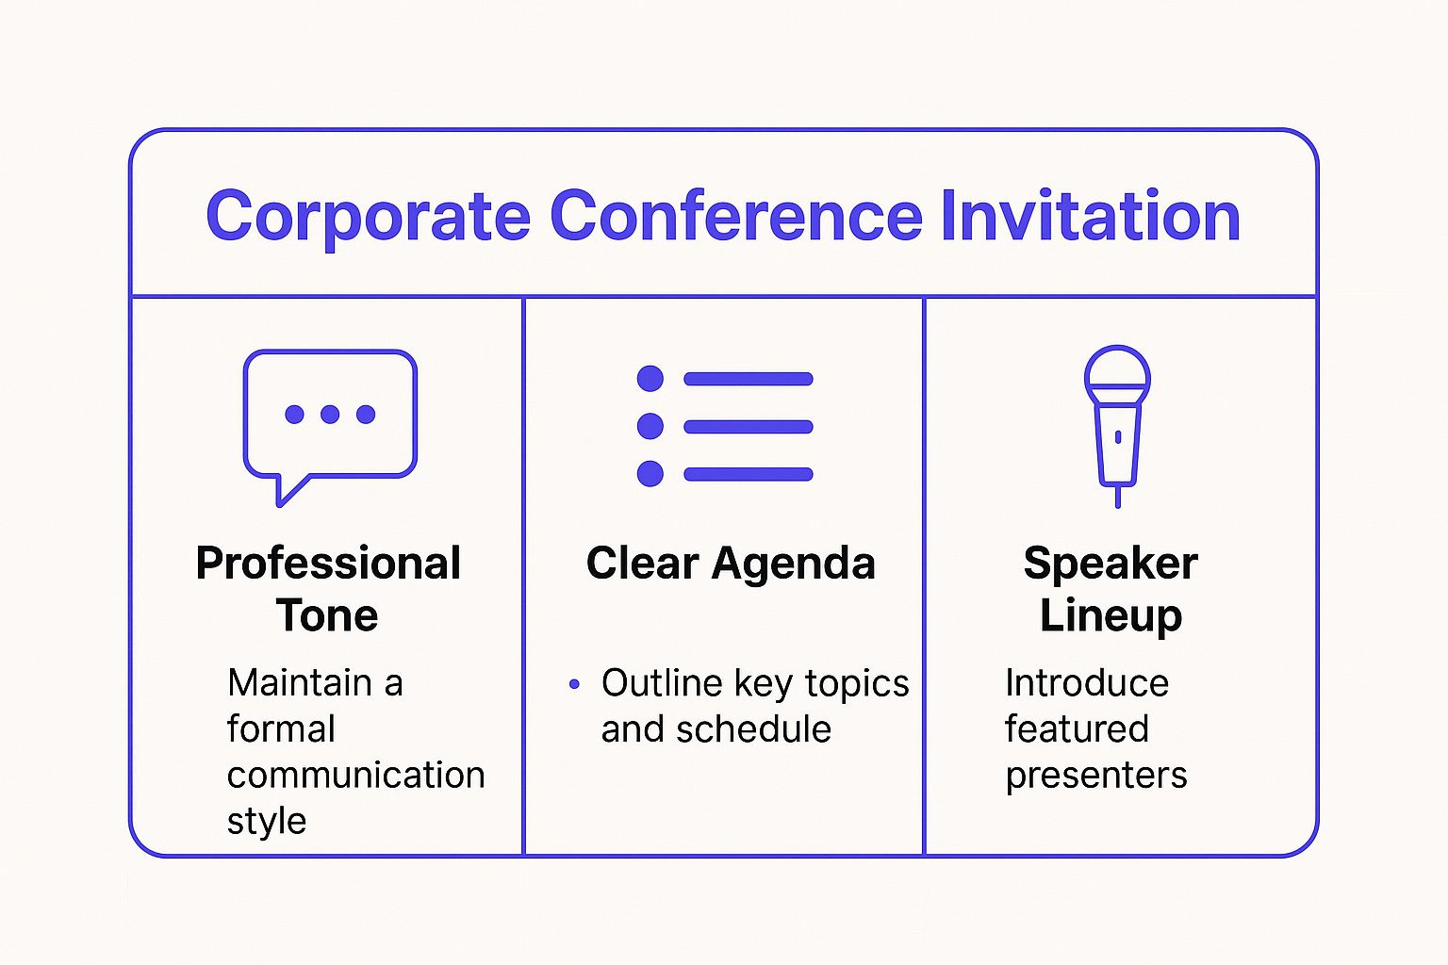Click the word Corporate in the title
click(x=368, y=217)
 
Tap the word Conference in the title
click(x=735, y=217)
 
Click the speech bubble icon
click(x=330, y=419)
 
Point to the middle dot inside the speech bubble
click(x=330, y=414)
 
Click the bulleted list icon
click(x=724, y=426)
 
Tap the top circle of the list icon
click(x=650, y=379)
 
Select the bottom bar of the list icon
click(x=749, y=474)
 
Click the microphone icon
click(x=1117, y=424)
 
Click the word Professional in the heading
click(x=328, y=564)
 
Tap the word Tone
click(x=327, y=615)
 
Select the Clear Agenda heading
click(x=731, y=564)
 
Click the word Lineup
click(x=1111, y=615)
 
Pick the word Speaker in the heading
click(x=1111, y=564)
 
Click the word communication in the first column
click(x=355, y=775)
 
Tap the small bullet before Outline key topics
click(x=574, y=684)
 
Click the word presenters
click(x=1095, y=775)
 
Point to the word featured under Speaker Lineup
click(x=1077, y=729)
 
